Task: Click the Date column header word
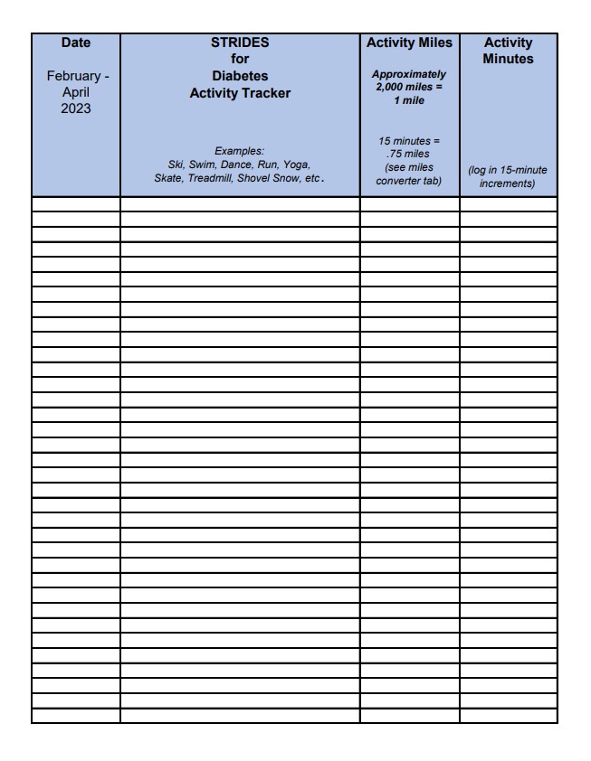click(76, 42)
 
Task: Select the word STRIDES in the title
click(240, 42)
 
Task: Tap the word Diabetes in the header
click(240, 76)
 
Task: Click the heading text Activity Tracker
click(240, 93)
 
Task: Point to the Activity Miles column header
click(409, 42)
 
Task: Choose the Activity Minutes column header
click(508, 51)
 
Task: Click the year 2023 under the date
click(76, 109)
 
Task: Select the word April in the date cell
click(76, 93)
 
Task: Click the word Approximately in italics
click(409, 74)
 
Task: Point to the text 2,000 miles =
click(409, 86)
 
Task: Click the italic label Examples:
click(240, 151)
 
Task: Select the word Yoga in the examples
click(296, 164)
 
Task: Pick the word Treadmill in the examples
click(210, 178)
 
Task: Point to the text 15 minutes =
click(409, 141)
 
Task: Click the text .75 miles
click(409, 154)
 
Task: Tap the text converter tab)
click(409, 182)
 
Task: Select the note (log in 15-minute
click(508, 170)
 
